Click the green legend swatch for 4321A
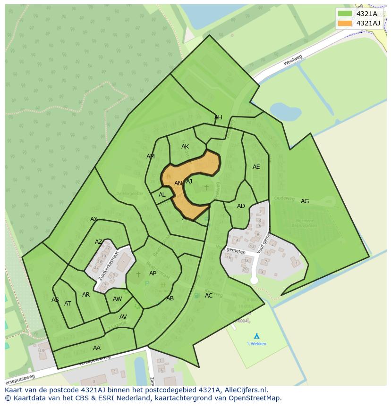pos(345,14)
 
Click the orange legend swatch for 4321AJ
pos(345,23)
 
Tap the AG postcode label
pos(305,201)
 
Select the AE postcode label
pos(256,167)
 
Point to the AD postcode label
pos(241,206)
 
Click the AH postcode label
pos(218,117)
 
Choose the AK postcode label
pos(185,147)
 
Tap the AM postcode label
pos(151,157)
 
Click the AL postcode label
pos(162,195)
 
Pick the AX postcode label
pos(94,219)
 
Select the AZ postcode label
pos(98,242)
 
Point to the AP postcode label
pos(153,273)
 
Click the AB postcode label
pos(170,298)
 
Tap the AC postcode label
pos(209,296)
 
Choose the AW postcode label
pos(117,299)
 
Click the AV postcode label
pos(123,317)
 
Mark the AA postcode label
pos(97,348)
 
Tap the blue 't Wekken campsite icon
pos(256,336)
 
